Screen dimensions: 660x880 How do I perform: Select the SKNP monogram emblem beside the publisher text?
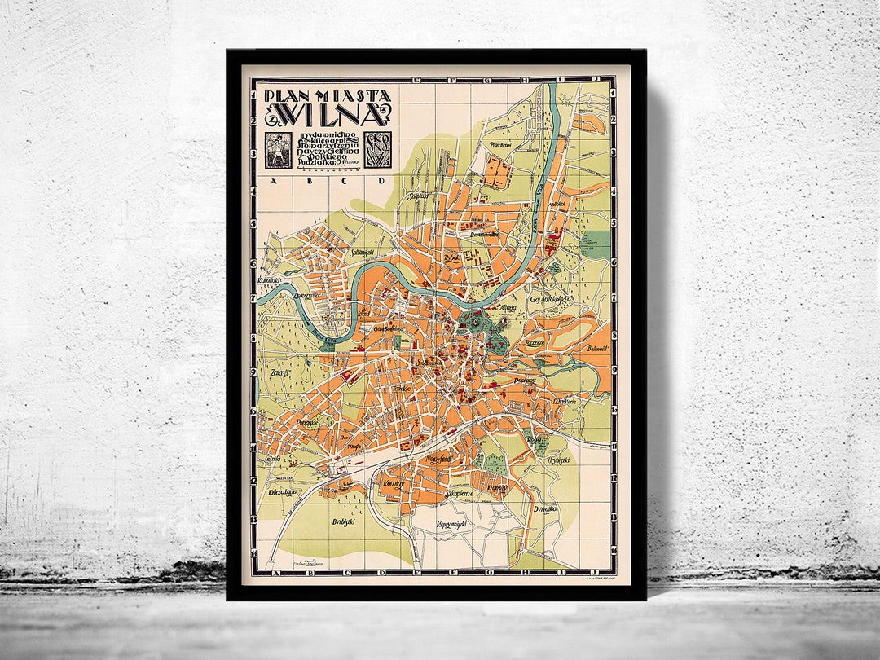tap(377, 149)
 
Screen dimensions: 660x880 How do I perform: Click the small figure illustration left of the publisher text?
tap(275, 149)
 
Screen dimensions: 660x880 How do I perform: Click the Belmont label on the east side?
tap(596, 348)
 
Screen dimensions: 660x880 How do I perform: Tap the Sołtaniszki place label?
tap(359, 253)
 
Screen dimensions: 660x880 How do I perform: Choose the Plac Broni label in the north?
tap(499, 144)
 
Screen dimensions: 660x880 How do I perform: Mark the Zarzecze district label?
tap(535, 343)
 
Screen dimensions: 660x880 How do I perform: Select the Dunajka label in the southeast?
tap(544, 509)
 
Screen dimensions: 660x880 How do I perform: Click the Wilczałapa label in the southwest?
tap(279, 492)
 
